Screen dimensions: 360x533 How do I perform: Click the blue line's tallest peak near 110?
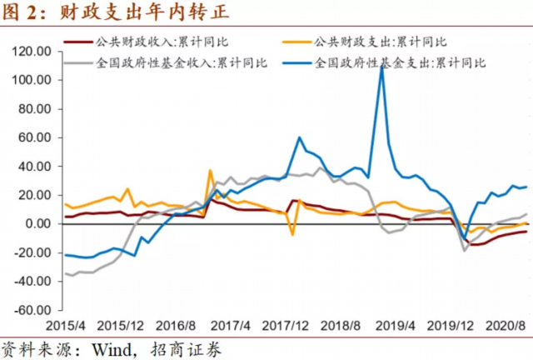pos(381,67)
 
